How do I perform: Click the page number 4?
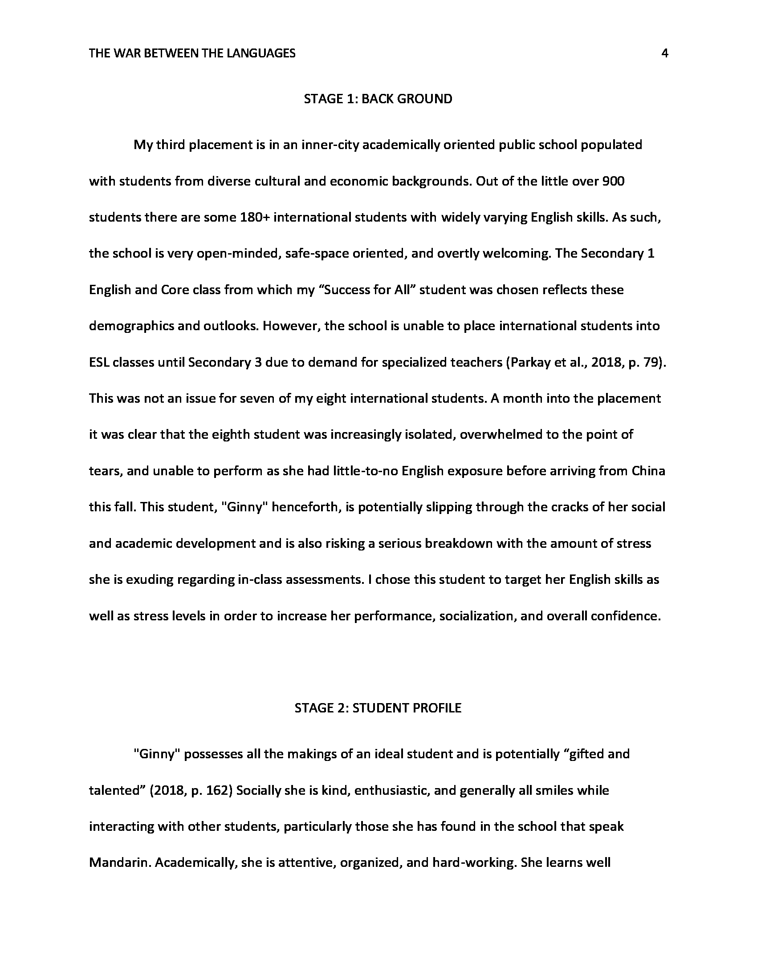click(x=665, y=54)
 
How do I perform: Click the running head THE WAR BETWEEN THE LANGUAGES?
click(x=192, y=54)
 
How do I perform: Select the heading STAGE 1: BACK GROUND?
click(x=378, y=99)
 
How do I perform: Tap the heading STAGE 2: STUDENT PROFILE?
click(x=378, y=708)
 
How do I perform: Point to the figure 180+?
click(x=255, y=218)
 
